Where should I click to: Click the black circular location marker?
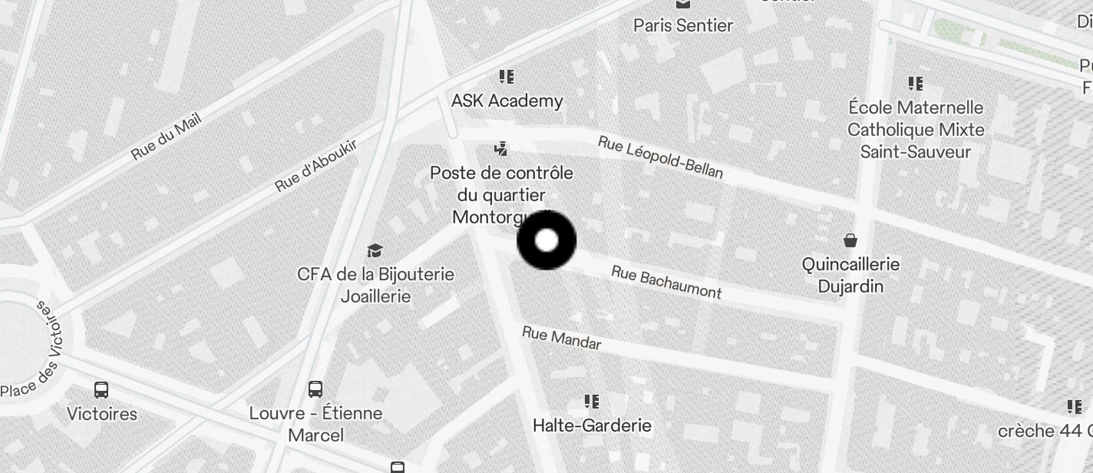[x=546, y=240]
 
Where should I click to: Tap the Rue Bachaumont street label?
[x=666, y=282]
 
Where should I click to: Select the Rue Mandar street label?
[x=561, y=338]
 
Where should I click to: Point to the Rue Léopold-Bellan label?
[x=660, y=157]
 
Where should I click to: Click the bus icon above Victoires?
[x=101, y=389]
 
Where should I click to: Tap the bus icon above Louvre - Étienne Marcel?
[x=315, y=389]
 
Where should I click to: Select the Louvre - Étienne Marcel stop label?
[x=315, y=424]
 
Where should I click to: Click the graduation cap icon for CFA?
[x=375, y=250]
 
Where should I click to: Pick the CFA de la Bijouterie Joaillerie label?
[x=375, y=285]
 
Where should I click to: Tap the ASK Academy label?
[x=507, y=101]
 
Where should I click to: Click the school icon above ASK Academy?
[x=507, y=77]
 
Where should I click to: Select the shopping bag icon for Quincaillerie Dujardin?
[x=850, y=240]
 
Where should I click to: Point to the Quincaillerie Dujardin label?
[x=850, y=275]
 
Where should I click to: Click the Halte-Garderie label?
[x=592, y=425]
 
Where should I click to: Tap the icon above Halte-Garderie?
[x=592, y=401]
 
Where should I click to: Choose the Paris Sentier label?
[x=682, y=25]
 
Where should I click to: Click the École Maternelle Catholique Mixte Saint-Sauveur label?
[x=916, y=129]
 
